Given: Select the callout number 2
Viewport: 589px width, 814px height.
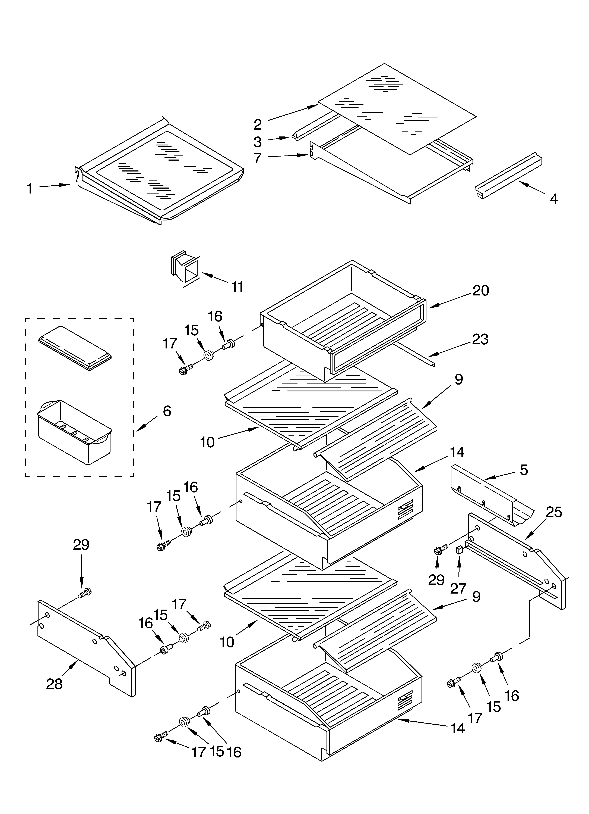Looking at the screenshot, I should pos(258,124).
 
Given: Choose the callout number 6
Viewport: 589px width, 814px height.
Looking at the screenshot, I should pos(167,411).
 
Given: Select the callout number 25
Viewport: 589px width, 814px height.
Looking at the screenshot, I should pos(553,512).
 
